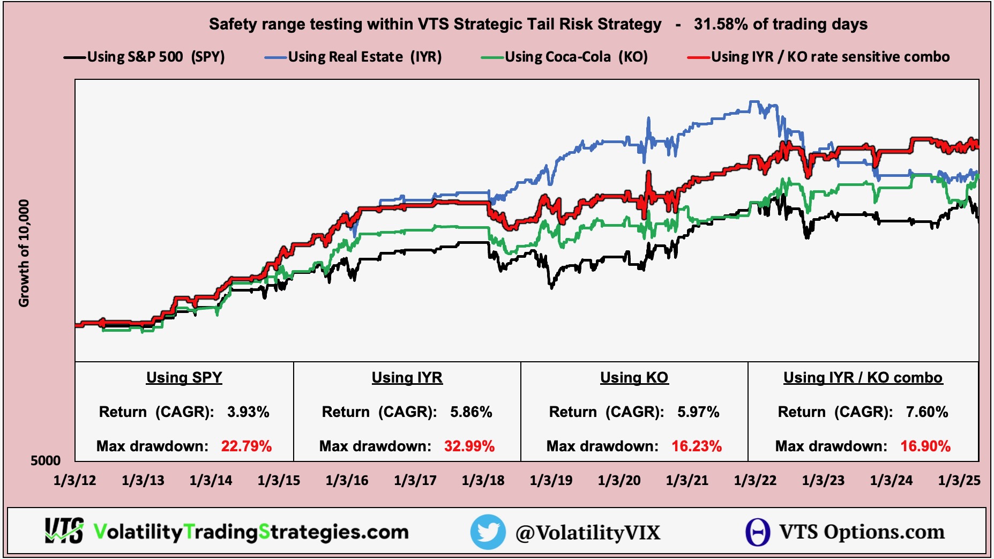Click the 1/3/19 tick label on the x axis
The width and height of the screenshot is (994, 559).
pyautogui.click(x=551, y=480)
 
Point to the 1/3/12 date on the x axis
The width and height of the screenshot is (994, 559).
pyautogui.click(x=75, y=480)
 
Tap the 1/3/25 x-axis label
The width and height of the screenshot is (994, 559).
pyautogui.click(x=959, y=480)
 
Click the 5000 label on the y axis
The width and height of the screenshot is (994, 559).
pyautogui.click(x=46, y=460)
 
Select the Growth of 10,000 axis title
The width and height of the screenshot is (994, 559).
pyautogui.click(x=24, y=253)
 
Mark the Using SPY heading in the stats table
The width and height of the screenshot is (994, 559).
pyautogui.click(x=184, y=377)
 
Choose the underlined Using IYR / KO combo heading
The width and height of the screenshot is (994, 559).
pyautogui.click(x=863, y=377)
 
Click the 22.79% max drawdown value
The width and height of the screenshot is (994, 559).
pyautogui.click(x=246, y=446)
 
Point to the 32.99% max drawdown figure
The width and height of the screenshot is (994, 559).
pyautogui.click(x=469, y=446)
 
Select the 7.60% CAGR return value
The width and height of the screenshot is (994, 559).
pyautogui.click(x=927, y=412)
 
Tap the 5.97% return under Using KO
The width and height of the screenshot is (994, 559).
pyautogui.click(x=698, y=412)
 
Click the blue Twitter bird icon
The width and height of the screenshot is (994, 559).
pyautogui.click(x=488, y=532)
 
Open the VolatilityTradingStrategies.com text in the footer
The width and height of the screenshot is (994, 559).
pyautogui.click(x=251, y=532)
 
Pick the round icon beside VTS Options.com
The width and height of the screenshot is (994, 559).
pyautogui.click(x=758, y=532)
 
